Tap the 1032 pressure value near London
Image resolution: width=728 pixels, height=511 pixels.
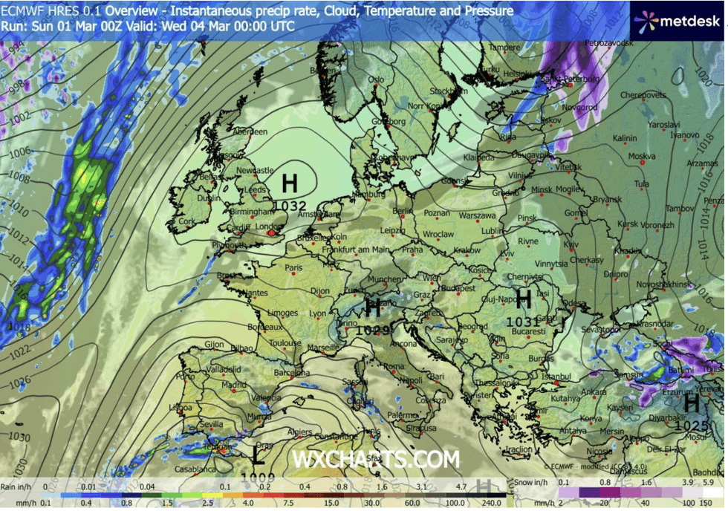click(290, 205)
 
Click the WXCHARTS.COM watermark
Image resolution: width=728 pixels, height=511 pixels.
click(376, 460)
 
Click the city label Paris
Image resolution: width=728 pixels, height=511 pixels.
click(295, 268)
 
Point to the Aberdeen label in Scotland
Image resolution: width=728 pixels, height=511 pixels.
click(249, 131)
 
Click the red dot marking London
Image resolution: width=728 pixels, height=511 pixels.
click(272, 233)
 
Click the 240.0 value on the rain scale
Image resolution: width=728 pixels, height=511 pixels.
click(491, 503)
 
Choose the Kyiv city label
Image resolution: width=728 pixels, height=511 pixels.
click(571, 244)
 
